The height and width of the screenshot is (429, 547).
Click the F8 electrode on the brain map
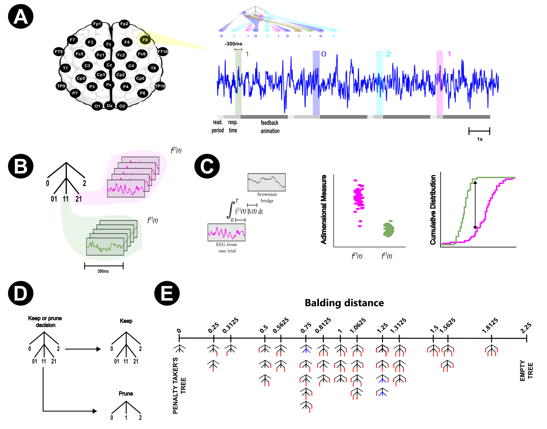click(145, 40)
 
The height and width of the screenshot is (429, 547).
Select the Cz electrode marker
click(109, 65)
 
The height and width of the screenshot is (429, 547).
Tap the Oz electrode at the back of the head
click(110, 106)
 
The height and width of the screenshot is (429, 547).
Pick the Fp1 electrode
click(97, 24)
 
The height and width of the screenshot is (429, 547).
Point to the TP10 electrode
click(160, 86)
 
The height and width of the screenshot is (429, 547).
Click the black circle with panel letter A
click(21, 16)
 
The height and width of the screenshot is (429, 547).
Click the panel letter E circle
click(167, 293)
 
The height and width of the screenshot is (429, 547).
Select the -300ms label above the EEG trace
click(234, 44)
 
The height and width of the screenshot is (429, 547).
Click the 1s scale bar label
click(479, 139)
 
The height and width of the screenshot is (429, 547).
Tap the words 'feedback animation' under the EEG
click(270, 127)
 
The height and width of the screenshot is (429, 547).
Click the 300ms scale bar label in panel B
click(103, 271)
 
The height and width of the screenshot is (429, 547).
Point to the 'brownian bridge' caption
click(267, 197)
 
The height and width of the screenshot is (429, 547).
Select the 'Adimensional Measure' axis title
click(324, 209)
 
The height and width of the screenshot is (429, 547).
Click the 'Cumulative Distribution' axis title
click(433, 210)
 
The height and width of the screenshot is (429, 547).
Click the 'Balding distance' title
click(344, 303)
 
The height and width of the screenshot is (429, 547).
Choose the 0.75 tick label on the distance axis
click(306, 327)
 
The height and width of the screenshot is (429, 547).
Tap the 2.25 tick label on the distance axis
click(526, 328)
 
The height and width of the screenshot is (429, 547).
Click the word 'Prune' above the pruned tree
click(126, 393)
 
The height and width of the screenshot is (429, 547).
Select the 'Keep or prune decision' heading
click(45, 322)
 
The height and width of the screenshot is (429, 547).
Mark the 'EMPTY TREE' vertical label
click(526, 371)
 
